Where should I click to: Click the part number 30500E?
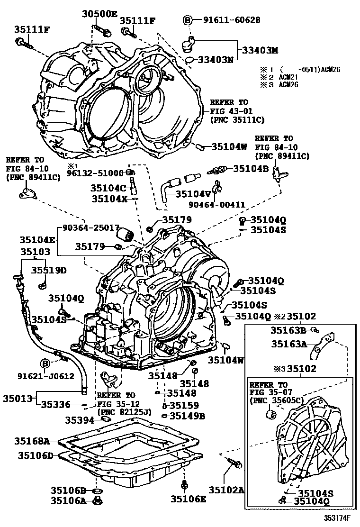pos(99,14)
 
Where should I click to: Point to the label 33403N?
pos(216,60)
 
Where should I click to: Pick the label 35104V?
pos(193,193)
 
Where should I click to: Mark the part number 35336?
pos(55,404)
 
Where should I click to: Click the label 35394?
pos(81,419)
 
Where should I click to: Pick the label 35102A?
pos(225,491)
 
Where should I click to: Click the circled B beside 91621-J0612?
pos(45,364)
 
